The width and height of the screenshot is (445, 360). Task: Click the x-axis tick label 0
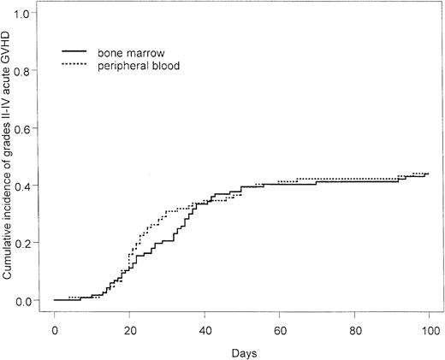(55, 329)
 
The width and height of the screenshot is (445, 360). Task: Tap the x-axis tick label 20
(129, 329)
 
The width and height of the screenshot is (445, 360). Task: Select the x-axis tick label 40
(205, 329)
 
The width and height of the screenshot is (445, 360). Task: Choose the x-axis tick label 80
(354, 329)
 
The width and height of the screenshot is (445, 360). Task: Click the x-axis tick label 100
(429, 329)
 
